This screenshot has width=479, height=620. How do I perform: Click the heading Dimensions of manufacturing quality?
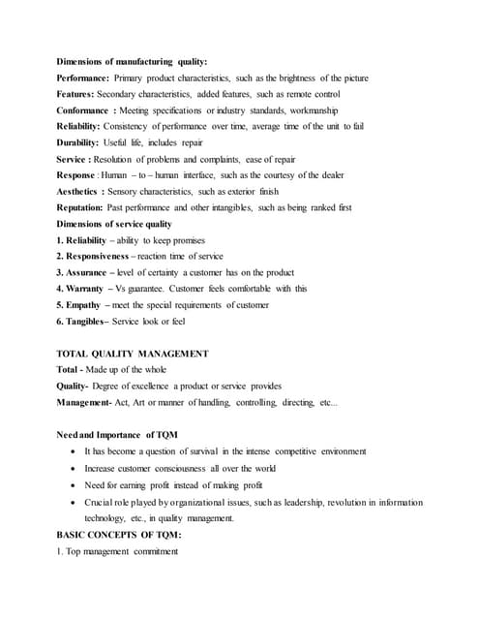[132, 61]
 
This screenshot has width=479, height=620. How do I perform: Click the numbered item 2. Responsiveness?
[96, 257]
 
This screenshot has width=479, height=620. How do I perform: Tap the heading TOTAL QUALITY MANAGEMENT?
[133, 354]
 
